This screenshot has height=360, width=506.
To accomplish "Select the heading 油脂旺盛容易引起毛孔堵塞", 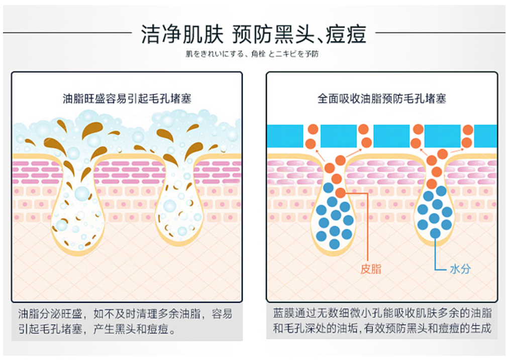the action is point(127,97).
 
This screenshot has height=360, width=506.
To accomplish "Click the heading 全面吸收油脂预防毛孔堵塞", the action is point(381,97).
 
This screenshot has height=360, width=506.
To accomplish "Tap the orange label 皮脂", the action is point(371,269).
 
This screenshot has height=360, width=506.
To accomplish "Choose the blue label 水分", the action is point(460,269).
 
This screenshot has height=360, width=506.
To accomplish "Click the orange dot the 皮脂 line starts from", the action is point(340,192).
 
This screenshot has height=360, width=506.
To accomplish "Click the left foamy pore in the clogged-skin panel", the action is point(78,211).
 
